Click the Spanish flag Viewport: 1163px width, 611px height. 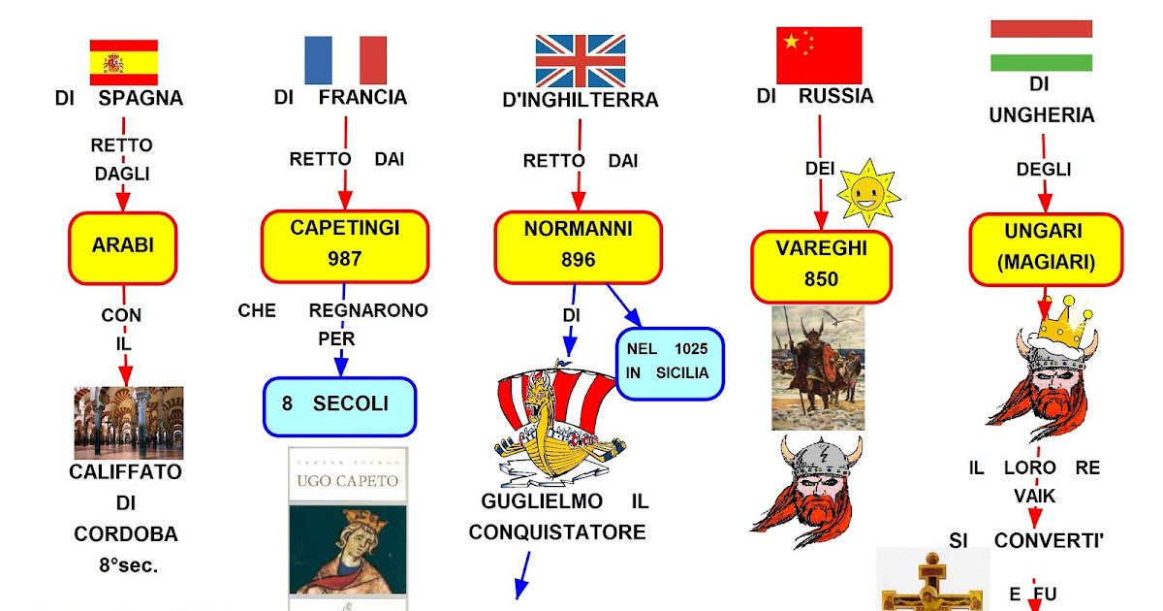pyautogui.click(x=123, y=62)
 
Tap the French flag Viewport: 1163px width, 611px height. pyautogui.click(x=345, y=60)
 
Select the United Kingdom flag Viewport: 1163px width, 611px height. pyautogui.click(x=581, y=61)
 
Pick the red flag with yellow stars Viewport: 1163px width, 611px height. pyautogui.click(x=819, y=55)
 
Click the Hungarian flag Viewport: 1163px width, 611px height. pyautogui.click(x=1041, y=46)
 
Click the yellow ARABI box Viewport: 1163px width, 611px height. pyautogui.click(x=123, y=245)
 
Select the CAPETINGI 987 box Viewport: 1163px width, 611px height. pyautogui.click(x=345, y=245)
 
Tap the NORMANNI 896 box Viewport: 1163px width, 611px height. pyautogui.click(x=579, y=245)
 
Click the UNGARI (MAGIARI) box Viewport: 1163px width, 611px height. pyautogui.click(x=1046, y=248)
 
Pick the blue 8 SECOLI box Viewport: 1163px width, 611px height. pyautogui.click(x=339, y=405)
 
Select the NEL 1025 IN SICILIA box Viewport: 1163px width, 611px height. pyautogui.click(x=670, y=362)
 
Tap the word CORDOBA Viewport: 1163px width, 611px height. pyautogui.click(x=125, y=534)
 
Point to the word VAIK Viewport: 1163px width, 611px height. pyautogui.click(x=1034, y=497)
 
